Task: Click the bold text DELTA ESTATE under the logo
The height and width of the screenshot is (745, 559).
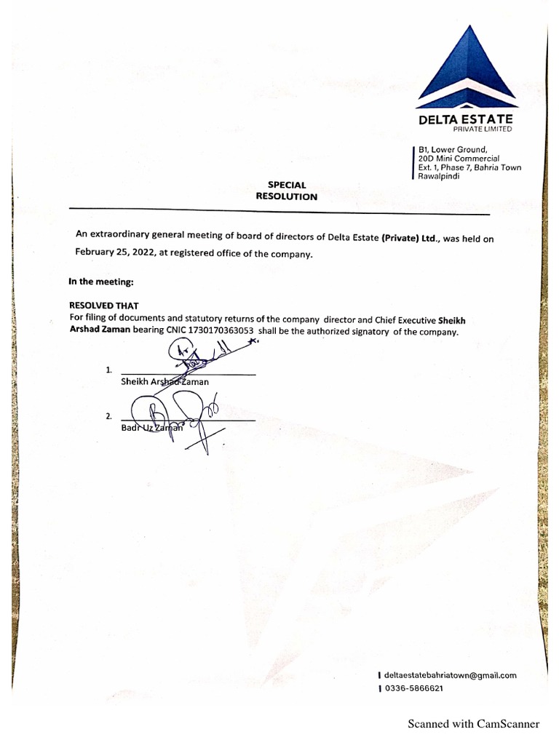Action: click(x=466, y=119)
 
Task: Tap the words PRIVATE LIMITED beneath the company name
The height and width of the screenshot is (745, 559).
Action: click(x=483, y=130)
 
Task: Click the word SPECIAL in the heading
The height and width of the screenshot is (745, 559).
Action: click(x=287, y=185)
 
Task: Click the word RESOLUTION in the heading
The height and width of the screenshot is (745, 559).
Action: click(x=287, y=196)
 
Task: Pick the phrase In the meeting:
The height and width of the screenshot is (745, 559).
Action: click(x=101, y=281)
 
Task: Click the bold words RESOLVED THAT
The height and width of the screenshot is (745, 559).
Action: click(x=103, y=306)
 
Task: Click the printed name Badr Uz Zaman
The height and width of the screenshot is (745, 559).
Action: click(x=153, y=429)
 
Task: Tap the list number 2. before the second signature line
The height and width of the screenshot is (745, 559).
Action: click(x=108, y=417)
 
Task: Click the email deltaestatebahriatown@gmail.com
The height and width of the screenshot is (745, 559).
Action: click(x=450, y=675)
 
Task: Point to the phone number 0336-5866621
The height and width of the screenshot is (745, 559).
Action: click(x=414, y=688)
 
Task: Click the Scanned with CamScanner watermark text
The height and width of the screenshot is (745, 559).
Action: click(x=473, y=723)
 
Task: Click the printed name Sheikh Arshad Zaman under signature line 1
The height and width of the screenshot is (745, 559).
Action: click(x=164, y=381)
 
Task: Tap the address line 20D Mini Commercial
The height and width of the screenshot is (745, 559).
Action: click(x=459, y=159)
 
